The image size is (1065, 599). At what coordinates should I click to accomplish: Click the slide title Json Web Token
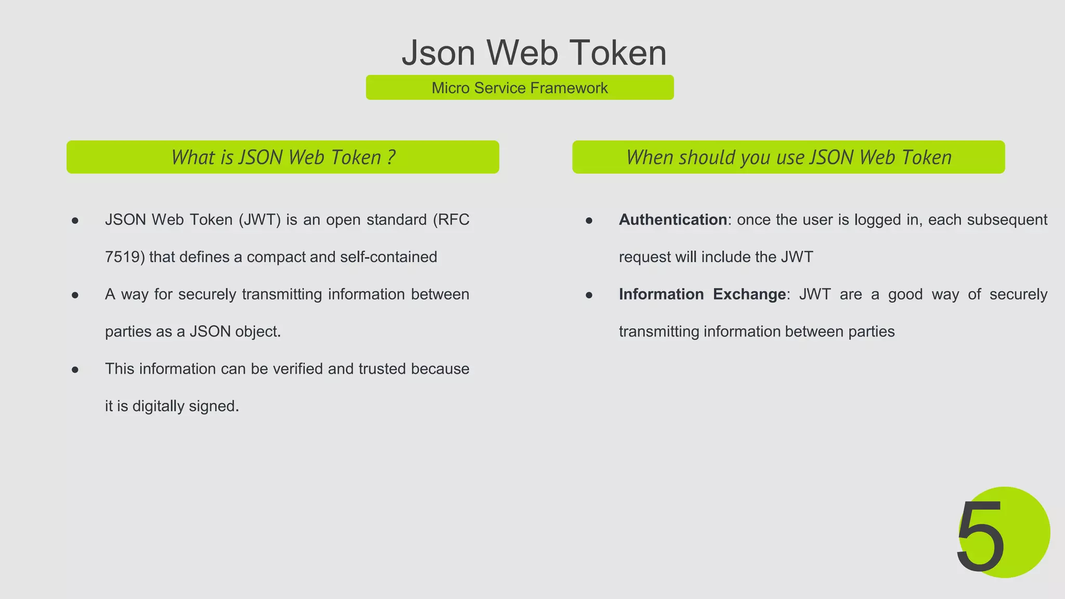coord(534,53)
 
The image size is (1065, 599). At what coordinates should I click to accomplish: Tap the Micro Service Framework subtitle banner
coord(519,87)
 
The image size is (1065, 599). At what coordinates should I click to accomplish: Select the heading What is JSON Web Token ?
coord(283,157)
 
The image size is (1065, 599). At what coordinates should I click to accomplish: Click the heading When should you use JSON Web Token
coord(788,157)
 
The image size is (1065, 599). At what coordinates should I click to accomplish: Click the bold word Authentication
coord(672,220)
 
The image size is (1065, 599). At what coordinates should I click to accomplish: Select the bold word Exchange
coord(749,294)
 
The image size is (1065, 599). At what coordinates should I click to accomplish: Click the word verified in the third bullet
coord(298,369)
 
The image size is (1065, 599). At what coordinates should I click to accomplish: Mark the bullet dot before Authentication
coord(589,221)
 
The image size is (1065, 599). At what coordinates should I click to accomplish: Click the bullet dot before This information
coord(75,370)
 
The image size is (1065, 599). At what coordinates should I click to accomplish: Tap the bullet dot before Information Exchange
coord(589,295)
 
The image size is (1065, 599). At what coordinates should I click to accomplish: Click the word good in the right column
coord(905,294)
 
